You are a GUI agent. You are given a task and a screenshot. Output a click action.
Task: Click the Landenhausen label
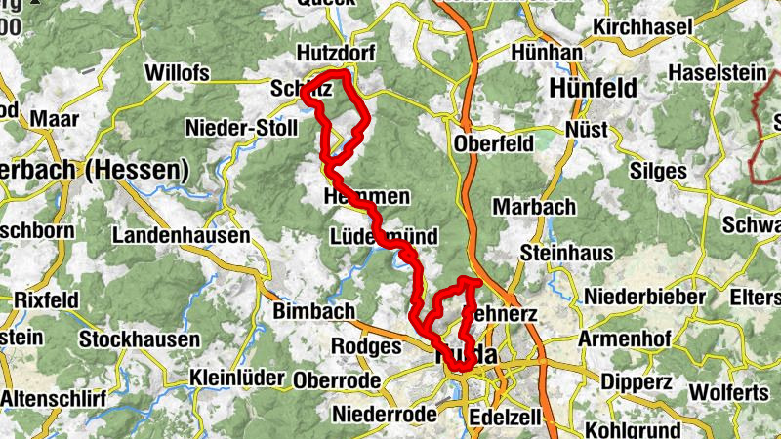(181, 236)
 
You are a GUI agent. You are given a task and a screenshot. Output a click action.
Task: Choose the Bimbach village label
(316, 310)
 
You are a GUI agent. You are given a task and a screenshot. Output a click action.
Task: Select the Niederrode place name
(385, 415)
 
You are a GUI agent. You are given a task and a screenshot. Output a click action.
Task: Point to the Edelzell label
(505, 416)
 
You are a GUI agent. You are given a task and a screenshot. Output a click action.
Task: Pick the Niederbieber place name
(644, 296)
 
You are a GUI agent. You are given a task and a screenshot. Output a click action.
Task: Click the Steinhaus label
(567, 253)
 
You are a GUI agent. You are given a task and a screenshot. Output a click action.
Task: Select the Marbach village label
(533, 207)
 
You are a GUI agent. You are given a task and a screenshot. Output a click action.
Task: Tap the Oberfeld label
(494, 143)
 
